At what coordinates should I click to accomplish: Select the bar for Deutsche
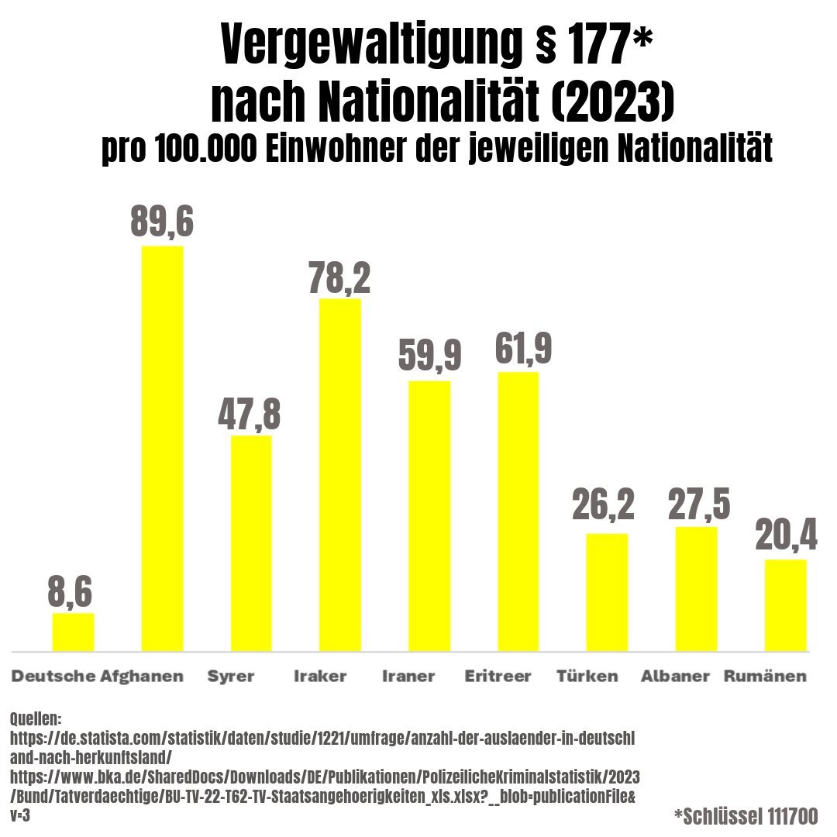pos(74,632)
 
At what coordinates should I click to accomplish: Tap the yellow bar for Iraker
pos(340,474)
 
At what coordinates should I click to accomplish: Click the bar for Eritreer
pos(518,511)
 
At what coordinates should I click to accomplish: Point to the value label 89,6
pos(162,222)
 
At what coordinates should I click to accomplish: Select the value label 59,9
pos(429,356)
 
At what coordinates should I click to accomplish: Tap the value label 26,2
pos(604,505)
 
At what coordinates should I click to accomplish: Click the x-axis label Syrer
pos(231,676)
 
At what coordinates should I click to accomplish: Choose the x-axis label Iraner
pos(408,676)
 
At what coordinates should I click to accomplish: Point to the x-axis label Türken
pos(587,676)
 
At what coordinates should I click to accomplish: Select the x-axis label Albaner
pos(676,676)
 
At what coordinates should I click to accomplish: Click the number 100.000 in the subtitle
pos(205,150)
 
